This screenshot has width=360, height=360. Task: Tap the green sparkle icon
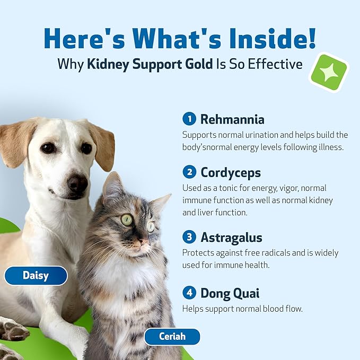tap(328, 72)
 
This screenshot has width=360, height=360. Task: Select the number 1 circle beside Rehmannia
tap(188, 119)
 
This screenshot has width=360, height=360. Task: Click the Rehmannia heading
tap(232, 119)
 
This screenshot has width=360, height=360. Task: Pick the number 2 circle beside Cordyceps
tap(188, 172)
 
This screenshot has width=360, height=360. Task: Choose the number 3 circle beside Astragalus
tap(188, 237)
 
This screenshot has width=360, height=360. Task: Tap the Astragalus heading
tap(231, 237)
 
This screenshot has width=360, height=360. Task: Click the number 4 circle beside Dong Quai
tap(188, 293)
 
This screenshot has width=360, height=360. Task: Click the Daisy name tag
tap(36, 275)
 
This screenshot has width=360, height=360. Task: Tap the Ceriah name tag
tap(172, 336)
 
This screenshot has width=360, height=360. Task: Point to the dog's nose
tap(78, 183)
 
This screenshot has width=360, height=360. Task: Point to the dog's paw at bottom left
tap(13, 330)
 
